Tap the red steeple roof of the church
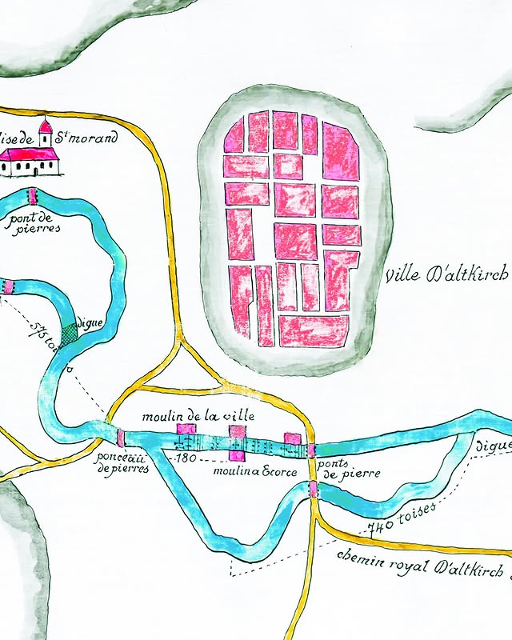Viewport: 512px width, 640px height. (46, 126)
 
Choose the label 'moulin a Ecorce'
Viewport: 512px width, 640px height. (255, 472)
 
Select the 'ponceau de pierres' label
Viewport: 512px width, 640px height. (122, 463)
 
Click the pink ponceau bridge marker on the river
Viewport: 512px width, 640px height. (121, 438)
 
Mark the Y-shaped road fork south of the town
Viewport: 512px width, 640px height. (184, 344)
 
